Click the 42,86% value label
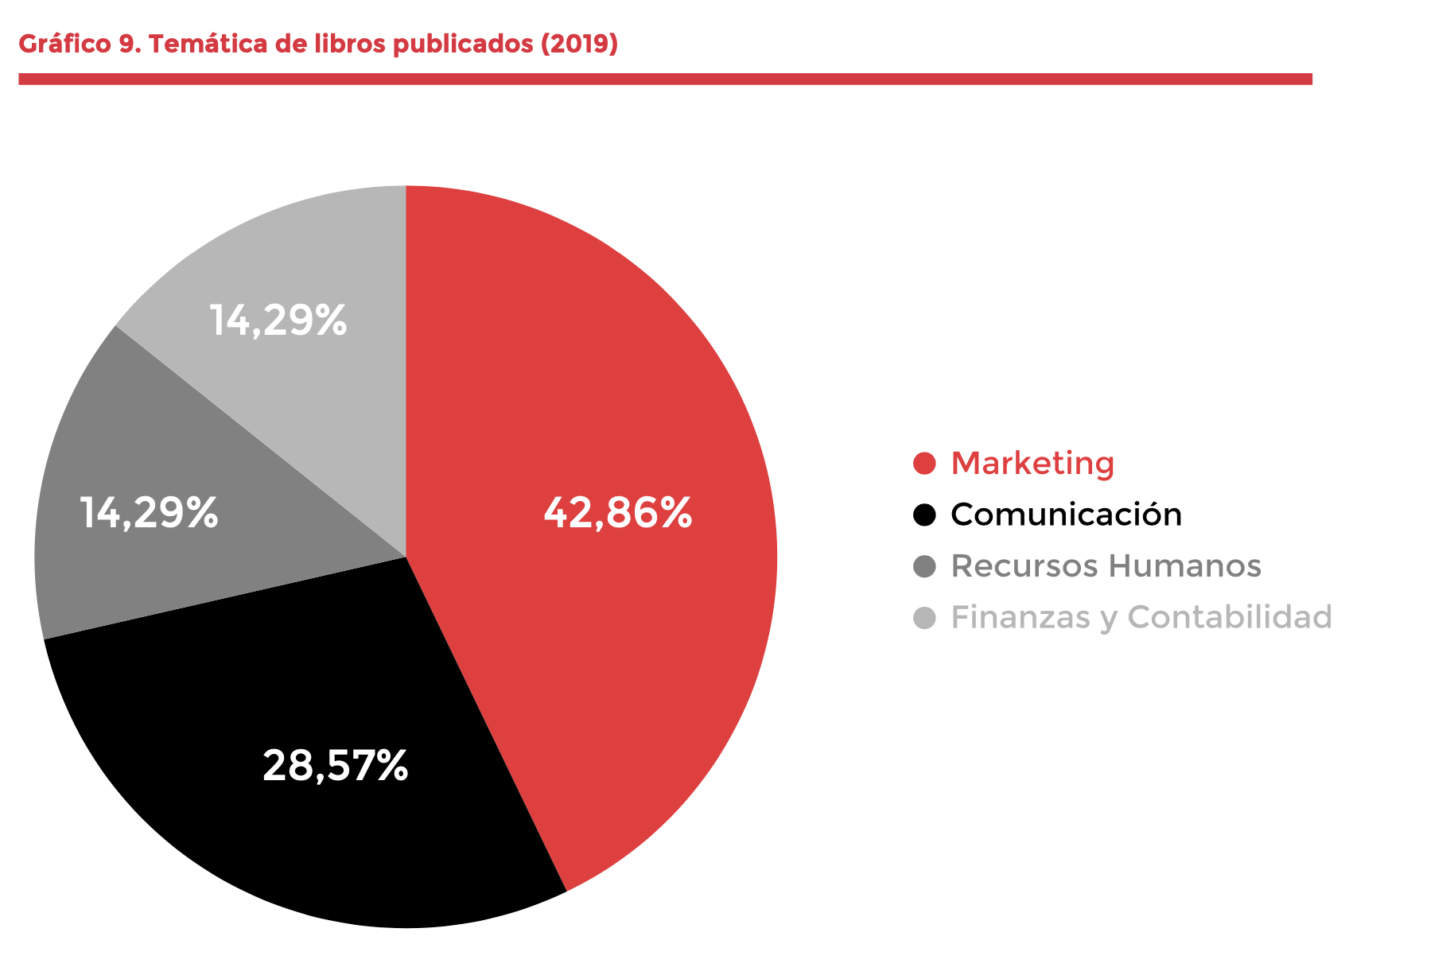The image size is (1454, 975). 617,513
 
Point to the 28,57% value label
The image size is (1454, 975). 335,765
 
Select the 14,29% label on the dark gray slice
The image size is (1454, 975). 149,513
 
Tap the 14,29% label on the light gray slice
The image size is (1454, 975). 278,320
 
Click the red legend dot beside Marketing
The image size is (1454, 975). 924,464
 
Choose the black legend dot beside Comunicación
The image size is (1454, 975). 924,515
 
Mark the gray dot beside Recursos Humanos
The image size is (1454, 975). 924,566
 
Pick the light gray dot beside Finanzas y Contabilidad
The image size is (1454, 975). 924,617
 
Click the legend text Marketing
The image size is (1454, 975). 1032,464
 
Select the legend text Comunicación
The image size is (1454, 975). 1066,515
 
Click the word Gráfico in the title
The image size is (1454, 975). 64,44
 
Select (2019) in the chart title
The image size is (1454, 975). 579,44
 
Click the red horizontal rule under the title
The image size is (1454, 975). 665,79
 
